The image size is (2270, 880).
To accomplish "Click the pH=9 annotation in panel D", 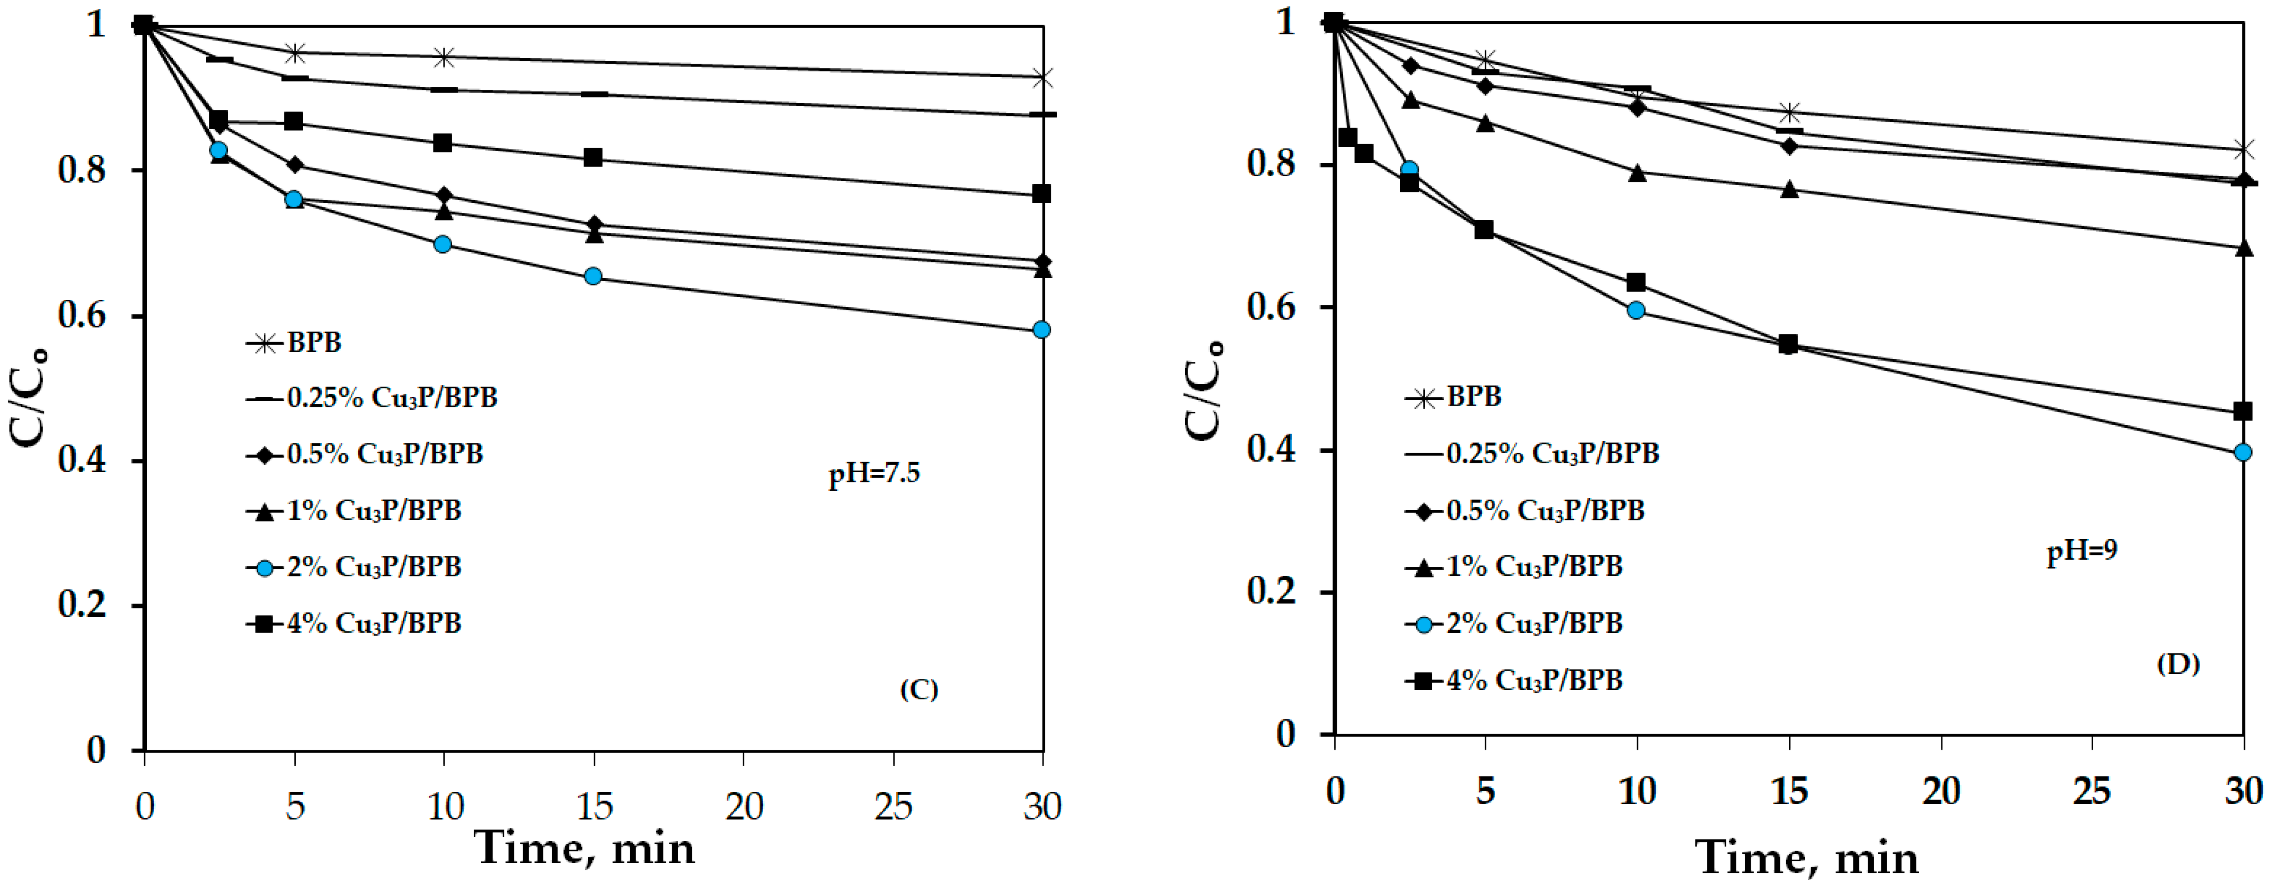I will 2082,551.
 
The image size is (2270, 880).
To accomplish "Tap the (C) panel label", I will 918,689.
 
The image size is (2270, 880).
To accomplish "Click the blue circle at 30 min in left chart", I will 1041,330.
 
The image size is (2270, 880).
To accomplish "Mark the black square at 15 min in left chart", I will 593,158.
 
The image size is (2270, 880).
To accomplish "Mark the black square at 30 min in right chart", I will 2243,411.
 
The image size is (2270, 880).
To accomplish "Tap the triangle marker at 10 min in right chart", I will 1637,173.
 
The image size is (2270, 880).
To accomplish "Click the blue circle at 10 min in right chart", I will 1637,310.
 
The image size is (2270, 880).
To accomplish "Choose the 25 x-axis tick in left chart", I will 893,806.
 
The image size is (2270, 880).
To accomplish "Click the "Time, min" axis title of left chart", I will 585,848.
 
